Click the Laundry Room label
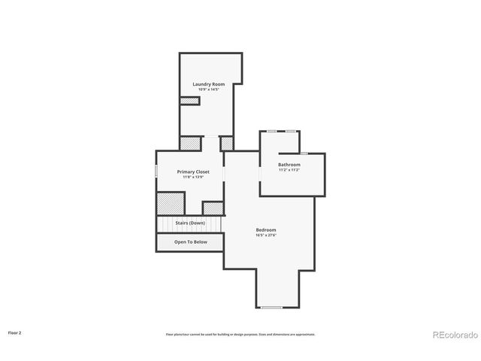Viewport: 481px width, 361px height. click(x=208, y=84)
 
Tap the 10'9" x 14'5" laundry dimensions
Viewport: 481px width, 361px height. click(x=208, y=90)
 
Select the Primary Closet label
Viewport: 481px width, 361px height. click(x=193, y=171)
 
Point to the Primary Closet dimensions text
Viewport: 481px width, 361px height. click(x=193, y=177)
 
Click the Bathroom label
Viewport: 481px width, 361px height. click(x=289, y=165)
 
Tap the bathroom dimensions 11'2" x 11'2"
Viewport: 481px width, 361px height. click(x=289, y=170)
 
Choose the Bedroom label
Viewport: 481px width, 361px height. click(x=266, y=229)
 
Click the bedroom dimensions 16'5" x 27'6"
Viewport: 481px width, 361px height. click(x=266, y=235)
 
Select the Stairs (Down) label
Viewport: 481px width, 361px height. click(x=190, y=223)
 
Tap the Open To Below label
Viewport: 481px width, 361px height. click(x=190, y=242)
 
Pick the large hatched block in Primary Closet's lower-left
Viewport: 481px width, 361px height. click(x=171, y=204)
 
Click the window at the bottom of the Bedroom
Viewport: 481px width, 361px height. click(x=271, y=307)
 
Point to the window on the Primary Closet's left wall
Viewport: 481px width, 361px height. click(x=156, y=171)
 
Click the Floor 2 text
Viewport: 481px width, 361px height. click(x=15, y=332)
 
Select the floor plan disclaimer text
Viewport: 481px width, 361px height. click(x=240, y=334)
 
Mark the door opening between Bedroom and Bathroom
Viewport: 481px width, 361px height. click(x=260, y=173)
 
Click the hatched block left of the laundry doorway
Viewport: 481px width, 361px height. click(x=191, y=143)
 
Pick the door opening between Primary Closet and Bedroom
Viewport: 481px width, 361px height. click(x=224, y=173)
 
